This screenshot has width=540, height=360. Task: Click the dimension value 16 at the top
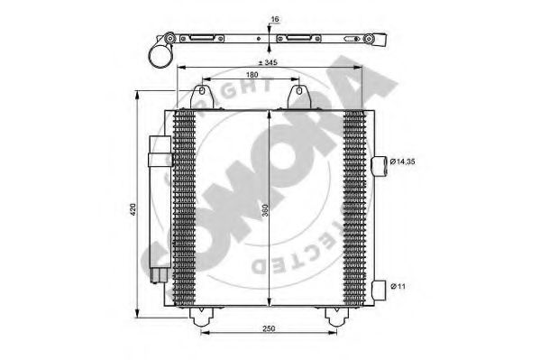274,18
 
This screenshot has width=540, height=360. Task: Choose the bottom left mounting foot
200,315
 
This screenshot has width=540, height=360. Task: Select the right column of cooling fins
355,208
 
